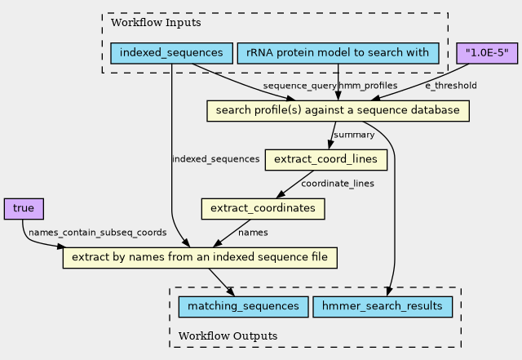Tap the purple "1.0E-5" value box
[487, 53]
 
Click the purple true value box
[23, 209]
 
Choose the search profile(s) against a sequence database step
[338, 110]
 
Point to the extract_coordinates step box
[263, 209]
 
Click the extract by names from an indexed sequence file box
[200, 258]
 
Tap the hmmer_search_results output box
[383, 306]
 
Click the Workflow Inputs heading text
[144, 23]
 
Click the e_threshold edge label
[451, 85]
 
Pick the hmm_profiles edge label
[368, 85]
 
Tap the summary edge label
[354, 135]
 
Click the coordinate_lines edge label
[338, 184]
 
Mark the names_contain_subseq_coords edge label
[97, 233]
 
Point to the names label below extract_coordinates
[253, 233]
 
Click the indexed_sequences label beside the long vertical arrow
[215, 159]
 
